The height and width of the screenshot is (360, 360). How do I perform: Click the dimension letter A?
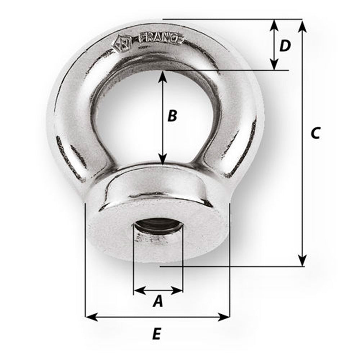point(158,301)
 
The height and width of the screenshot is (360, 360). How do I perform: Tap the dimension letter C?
point(315,133)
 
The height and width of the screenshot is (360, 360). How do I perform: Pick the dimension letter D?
point(285,46)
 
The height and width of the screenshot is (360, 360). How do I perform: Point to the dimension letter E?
point(156,334)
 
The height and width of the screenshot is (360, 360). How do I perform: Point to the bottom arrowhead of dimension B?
point(163,160)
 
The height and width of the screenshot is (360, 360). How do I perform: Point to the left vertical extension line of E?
point(85,259)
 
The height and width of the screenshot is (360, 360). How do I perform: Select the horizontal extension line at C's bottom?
point(230,267)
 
